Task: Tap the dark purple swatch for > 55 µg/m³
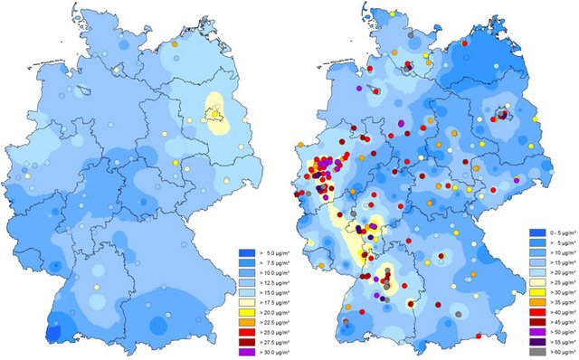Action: [x=536, y=336]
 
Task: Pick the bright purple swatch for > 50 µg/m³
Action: [x=536, y=327]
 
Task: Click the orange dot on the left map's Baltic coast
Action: [x=174, y=43]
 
